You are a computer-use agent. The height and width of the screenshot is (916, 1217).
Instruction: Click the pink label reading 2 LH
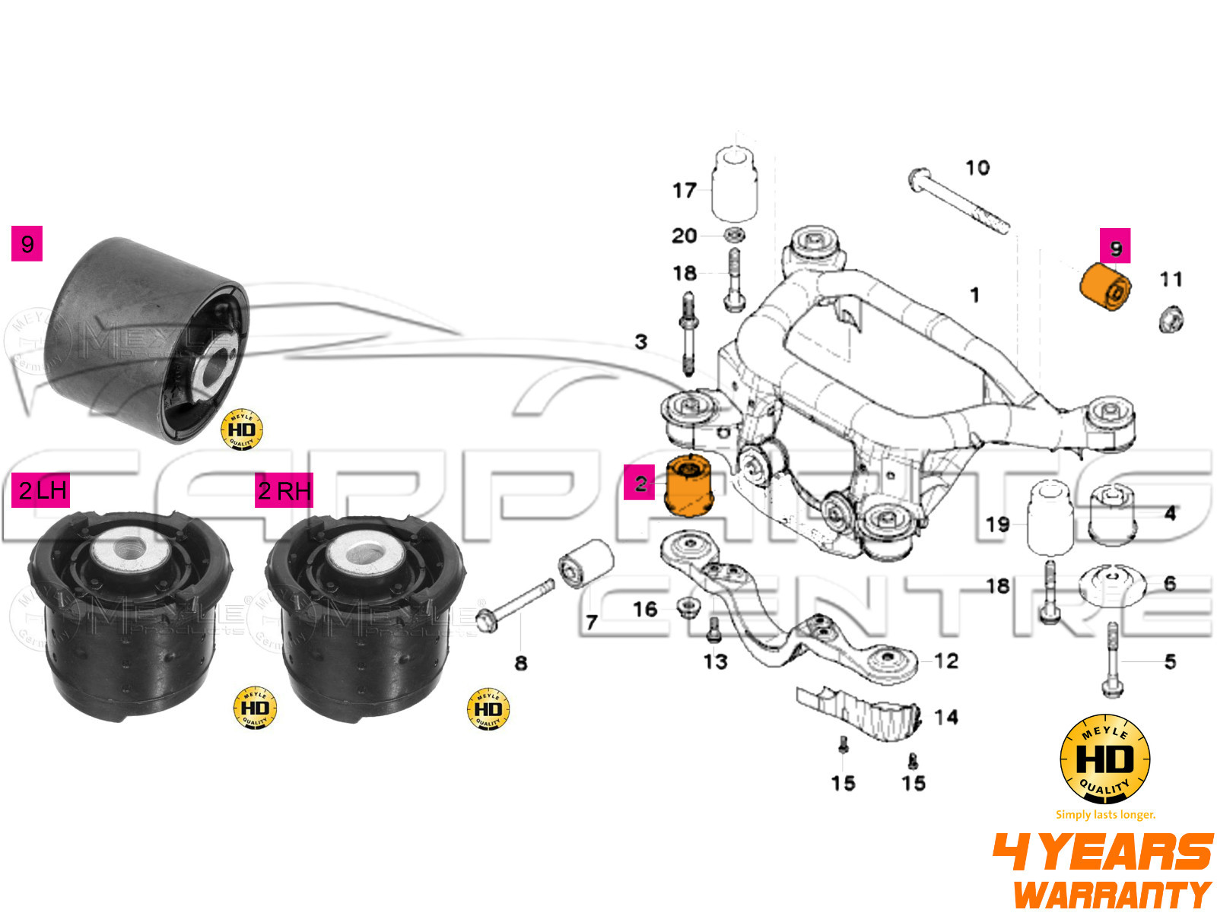[41, 490]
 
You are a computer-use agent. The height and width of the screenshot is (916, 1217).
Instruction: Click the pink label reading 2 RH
[284, 490]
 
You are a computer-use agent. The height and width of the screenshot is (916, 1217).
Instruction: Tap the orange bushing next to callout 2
[688, 485]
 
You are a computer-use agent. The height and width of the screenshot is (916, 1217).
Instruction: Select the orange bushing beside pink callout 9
[1105, 287]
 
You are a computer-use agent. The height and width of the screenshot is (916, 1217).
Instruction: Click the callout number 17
[684, 190]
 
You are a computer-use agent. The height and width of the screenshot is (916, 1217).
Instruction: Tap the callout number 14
[945, 717]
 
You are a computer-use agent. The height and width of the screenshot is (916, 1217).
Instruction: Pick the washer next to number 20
[735, 234]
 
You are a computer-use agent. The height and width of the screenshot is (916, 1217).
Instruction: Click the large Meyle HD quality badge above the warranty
[1104, 759]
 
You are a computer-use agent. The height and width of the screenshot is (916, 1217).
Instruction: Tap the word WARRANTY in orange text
[1112, 894]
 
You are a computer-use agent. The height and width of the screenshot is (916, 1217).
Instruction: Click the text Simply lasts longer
[1105, 814]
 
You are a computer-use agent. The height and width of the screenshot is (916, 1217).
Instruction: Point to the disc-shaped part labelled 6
[1112, 585]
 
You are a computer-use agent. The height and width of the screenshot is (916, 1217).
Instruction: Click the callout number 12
[945, 661]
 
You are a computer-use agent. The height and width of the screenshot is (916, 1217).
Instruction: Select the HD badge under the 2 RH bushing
[488, 708]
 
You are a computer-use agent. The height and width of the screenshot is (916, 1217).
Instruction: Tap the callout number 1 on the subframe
[974, 294]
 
